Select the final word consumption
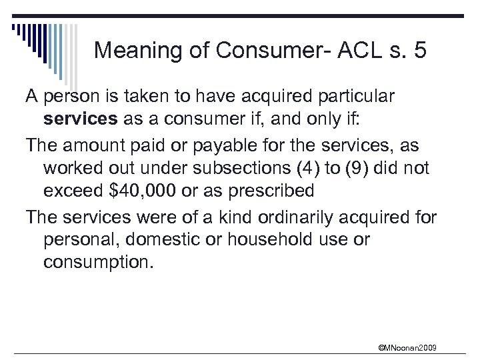coord(98,263)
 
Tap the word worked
coord(69,167)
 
